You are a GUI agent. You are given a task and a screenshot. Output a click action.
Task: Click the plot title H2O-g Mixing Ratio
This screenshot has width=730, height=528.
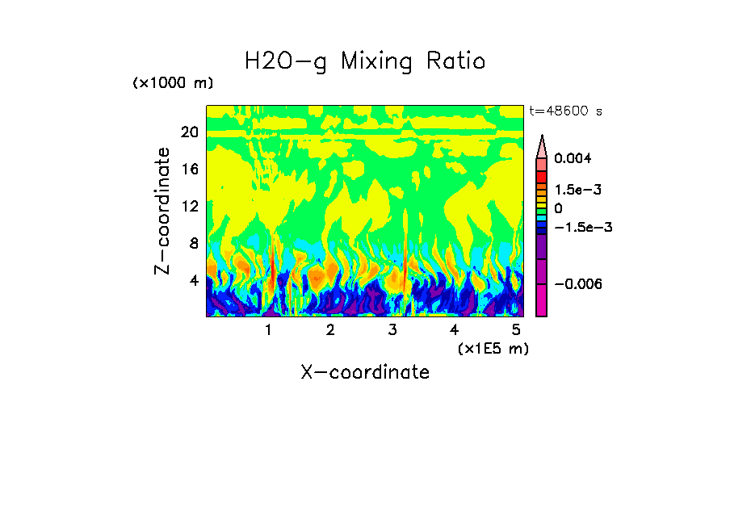coord(365,61)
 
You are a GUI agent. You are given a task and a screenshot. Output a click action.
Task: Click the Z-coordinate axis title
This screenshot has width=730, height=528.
coord(163,211)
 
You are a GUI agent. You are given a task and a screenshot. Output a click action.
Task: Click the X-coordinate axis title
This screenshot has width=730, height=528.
coord(365,372)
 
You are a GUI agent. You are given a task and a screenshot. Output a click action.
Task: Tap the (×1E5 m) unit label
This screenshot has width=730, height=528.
coord(493,348)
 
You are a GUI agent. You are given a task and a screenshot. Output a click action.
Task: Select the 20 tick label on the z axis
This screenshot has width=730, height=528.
coord(190,132)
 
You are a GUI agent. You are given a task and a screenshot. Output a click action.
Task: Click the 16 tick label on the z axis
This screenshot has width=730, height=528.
coord(190,170)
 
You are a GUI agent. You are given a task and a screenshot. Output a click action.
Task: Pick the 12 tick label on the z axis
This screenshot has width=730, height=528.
coord(190,206)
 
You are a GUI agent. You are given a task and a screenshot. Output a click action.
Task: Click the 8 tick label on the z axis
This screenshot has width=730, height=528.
coord(194,243)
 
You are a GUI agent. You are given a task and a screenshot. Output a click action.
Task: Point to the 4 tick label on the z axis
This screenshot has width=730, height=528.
coord(194,280)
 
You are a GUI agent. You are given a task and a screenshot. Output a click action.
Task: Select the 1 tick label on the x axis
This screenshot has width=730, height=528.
coord(268,330)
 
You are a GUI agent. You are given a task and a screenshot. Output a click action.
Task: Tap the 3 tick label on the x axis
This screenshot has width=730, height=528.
coord(392,330)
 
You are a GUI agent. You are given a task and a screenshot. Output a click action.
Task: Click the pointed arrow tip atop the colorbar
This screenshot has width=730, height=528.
coord(542,139)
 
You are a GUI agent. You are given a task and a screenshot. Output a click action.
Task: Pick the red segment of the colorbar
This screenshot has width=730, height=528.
coord(542,176)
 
